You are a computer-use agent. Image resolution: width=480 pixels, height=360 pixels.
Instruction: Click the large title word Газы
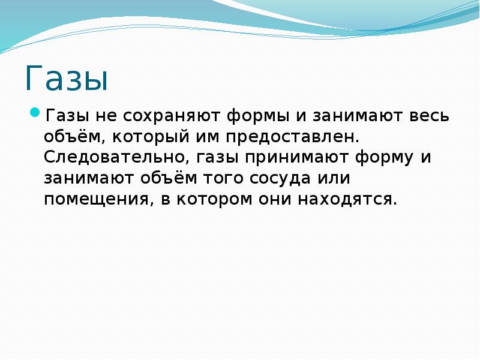coord(67,79)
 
